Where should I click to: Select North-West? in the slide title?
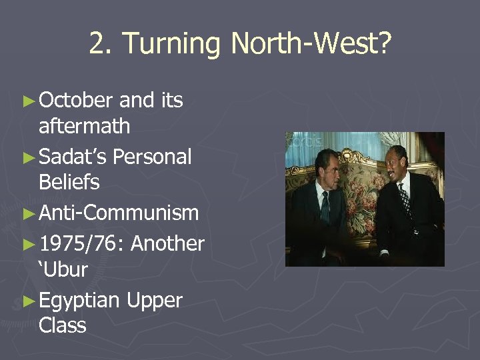(x=311, y=45)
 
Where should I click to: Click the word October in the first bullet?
(x=76, y=100)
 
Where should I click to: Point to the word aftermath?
(x=85, y=125)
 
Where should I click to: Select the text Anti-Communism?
(x=119, y=213)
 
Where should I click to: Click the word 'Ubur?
(x=63, y=270)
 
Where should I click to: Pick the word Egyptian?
(x=79, y=301)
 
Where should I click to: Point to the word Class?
(x=63, y=325)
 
